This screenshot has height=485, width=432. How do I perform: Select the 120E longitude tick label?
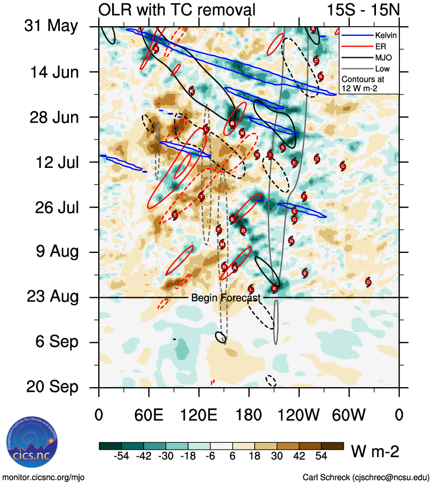tap(199, 415)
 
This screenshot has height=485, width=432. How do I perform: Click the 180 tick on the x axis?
tap(249, 415)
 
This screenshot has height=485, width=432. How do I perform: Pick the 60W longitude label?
tap(349, 415)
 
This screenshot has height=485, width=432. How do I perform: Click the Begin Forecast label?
tap(226, 298)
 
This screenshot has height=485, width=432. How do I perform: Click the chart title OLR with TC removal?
tap(177, 10)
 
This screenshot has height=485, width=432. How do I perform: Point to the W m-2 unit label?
tap(375, 452)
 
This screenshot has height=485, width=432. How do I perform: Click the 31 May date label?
tap(51, 27)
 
